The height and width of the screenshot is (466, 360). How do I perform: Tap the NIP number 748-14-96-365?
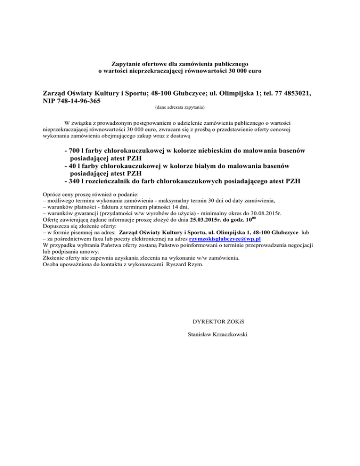point(77,101)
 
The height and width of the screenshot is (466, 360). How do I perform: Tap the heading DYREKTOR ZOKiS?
point(217,322)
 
